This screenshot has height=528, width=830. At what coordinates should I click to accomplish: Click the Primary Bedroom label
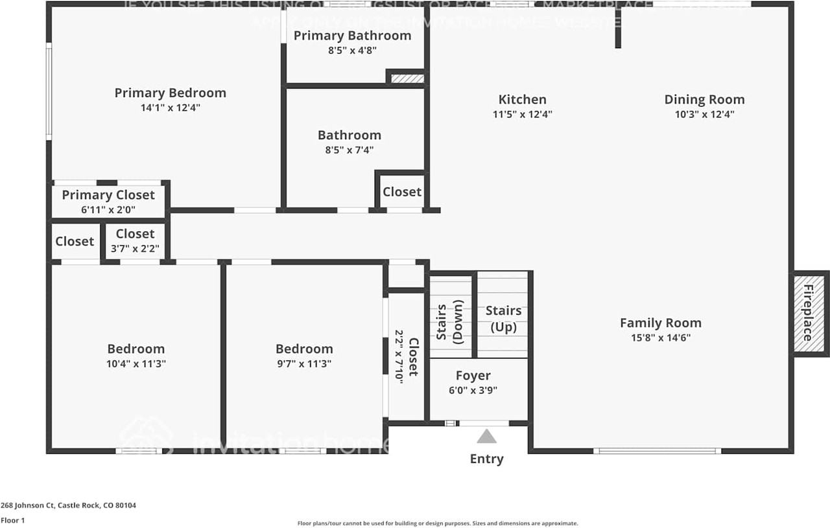click(x=170, y=93)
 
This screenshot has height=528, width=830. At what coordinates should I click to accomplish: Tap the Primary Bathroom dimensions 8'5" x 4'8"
click(x=352, y=50)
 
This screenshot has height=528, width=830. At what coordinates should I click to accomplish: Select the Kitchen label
click(x=522, y=99)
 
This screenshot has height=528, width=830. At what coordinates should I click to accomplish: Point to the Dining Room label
click(x=704, y=99)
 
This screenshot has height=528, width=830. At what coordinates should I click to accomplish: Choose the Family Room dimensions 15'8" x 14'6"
click(x=660, y=338)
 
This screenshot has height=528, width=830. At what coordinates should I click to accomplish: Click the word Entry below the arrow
click(x=486, y=459)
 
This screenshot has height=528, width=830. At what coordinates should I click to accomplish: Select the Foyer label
click(x=473, y=376)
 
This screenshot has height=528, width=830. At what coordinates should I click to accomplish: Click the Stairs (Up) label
click(x=503, y=319)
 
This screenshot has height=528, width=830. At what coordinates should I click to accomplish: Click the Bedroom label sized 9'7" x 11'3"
click(x=304, y=349)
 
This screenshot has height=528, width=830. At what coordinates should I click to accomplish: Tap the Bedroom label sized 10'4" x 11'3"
click(x=136, y=349)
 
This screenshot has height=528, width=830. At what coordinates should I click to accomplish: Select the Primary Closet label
click(x=108, y=195)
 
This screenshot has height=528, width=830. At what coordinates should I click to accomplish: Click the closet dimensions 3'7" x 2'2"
click(x=135, y=248)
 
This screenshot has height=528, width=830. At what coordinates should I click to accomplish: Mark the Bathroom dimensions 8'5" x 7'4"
click(x=349, y=150)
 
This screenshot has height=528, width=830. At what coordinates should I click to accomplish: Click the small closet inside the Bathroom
click(x=401, y=192)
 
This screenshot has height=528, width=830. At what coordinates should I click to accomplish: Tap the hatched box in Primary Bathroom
click(x=407, y=78)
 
